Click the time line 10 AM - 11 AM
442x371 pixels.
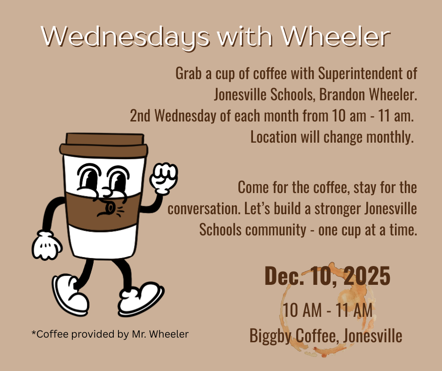point(327,311)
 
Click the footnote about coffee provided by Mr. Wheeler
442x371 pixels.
point(110,334)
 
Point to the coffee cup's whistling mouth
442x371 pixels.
point(106,209)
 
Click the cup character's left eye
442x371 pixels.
point(87,177)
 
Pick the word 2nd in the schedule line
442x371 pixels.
point(140,116)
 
